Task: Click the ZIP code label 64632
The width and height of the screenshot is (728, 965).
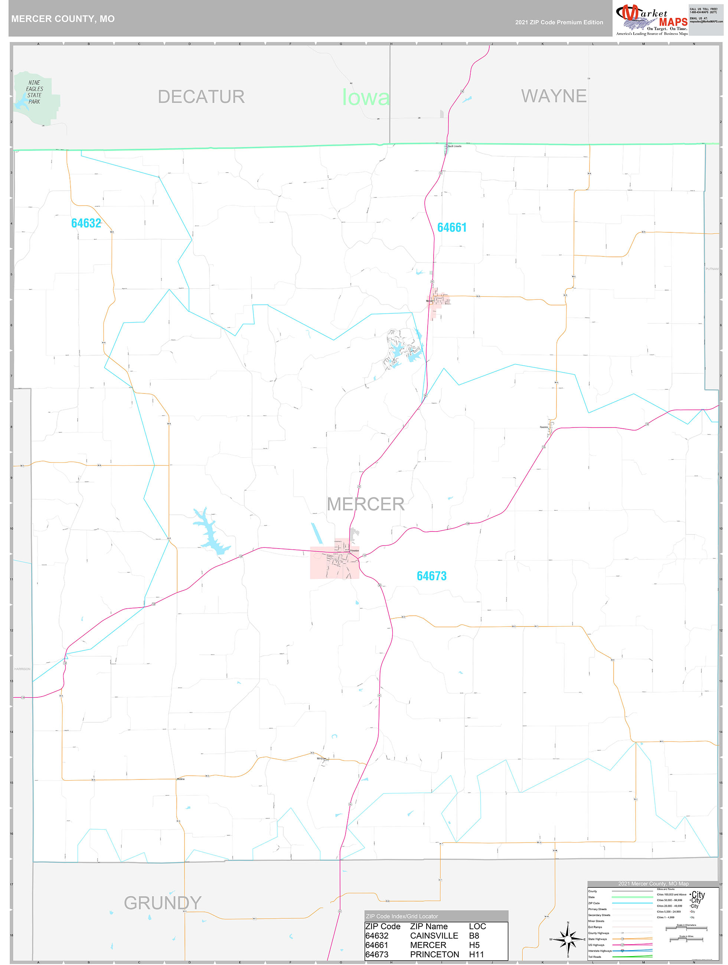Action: (86, 223)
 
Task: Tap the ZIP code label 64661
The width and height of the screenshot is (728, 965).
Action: (452, 228)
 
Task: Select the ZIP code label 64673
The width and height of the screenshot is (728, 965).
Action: (431, 576)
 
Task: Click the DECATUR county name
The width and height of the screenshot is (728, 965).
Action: (201, 97)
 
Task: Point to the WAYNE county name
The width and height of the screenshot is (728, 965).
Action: (554, 96)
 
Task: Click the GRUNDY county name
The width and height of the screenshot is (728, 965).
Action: (162, 903)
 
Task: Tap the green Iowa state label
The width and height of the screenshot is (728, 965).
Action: (365, 97)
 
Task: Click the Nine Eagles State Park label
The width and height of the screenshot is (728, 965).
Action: (35, 92)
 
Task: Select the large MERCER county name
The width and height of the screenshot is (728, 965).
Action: (365, 504)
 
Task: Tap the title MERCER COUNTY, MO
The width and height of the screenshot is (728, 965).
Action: (63, 19)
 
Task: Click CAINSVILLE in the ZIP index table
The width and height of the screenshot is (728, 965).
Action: (434, 936)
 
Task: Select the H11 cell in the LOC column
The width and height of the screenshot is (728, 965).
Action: (476, 955)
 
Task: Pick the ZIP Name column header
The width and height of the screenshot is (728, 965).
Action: (428, 926)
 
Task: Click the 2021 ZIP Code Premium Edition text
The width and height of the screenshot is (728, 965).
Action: (559, 22)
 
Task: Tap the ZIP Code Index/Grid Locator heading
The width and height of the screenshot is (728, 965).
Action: (402, 916)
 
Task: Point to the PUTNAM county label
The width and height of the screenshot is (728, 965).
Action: (711, 269)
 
